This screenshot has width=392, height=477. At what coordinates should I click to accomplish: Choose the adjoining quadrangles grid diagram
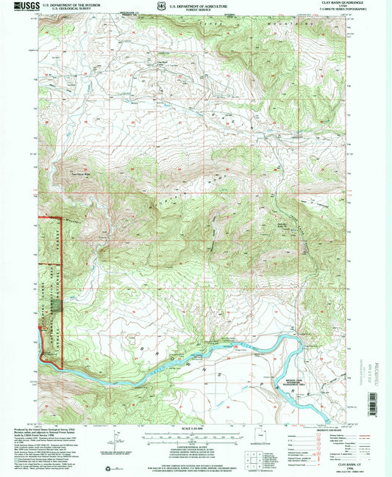[254, 459]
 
